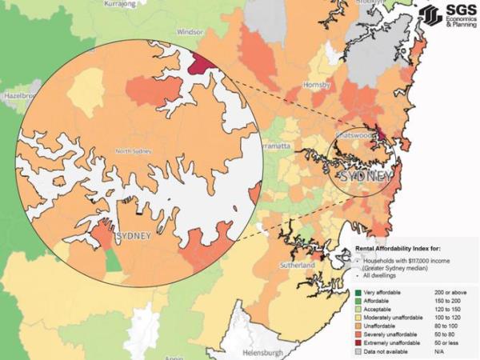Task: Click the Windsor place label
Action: coord(190,32)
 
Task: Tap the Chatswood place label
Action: coord(352,136)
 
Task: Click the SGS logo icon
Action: coord(430,15)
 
